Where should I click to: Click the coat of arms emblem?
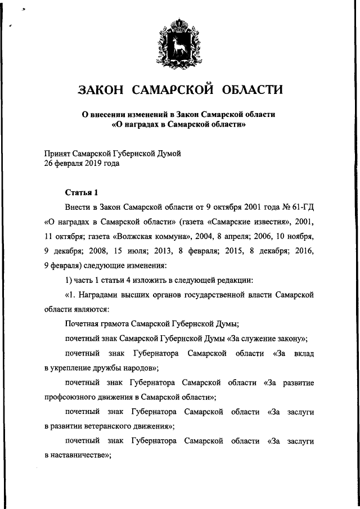click(x=179, y=43)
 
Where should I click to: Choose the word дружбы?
click(x=103, y=368)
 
